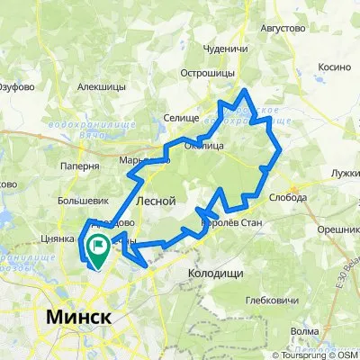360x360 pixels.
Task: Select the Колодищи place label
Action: pos(220,271)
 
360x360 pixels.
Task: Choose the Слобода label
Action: pos(289,197)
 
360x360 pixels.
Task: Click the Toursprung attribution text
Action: pos(299,353)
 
